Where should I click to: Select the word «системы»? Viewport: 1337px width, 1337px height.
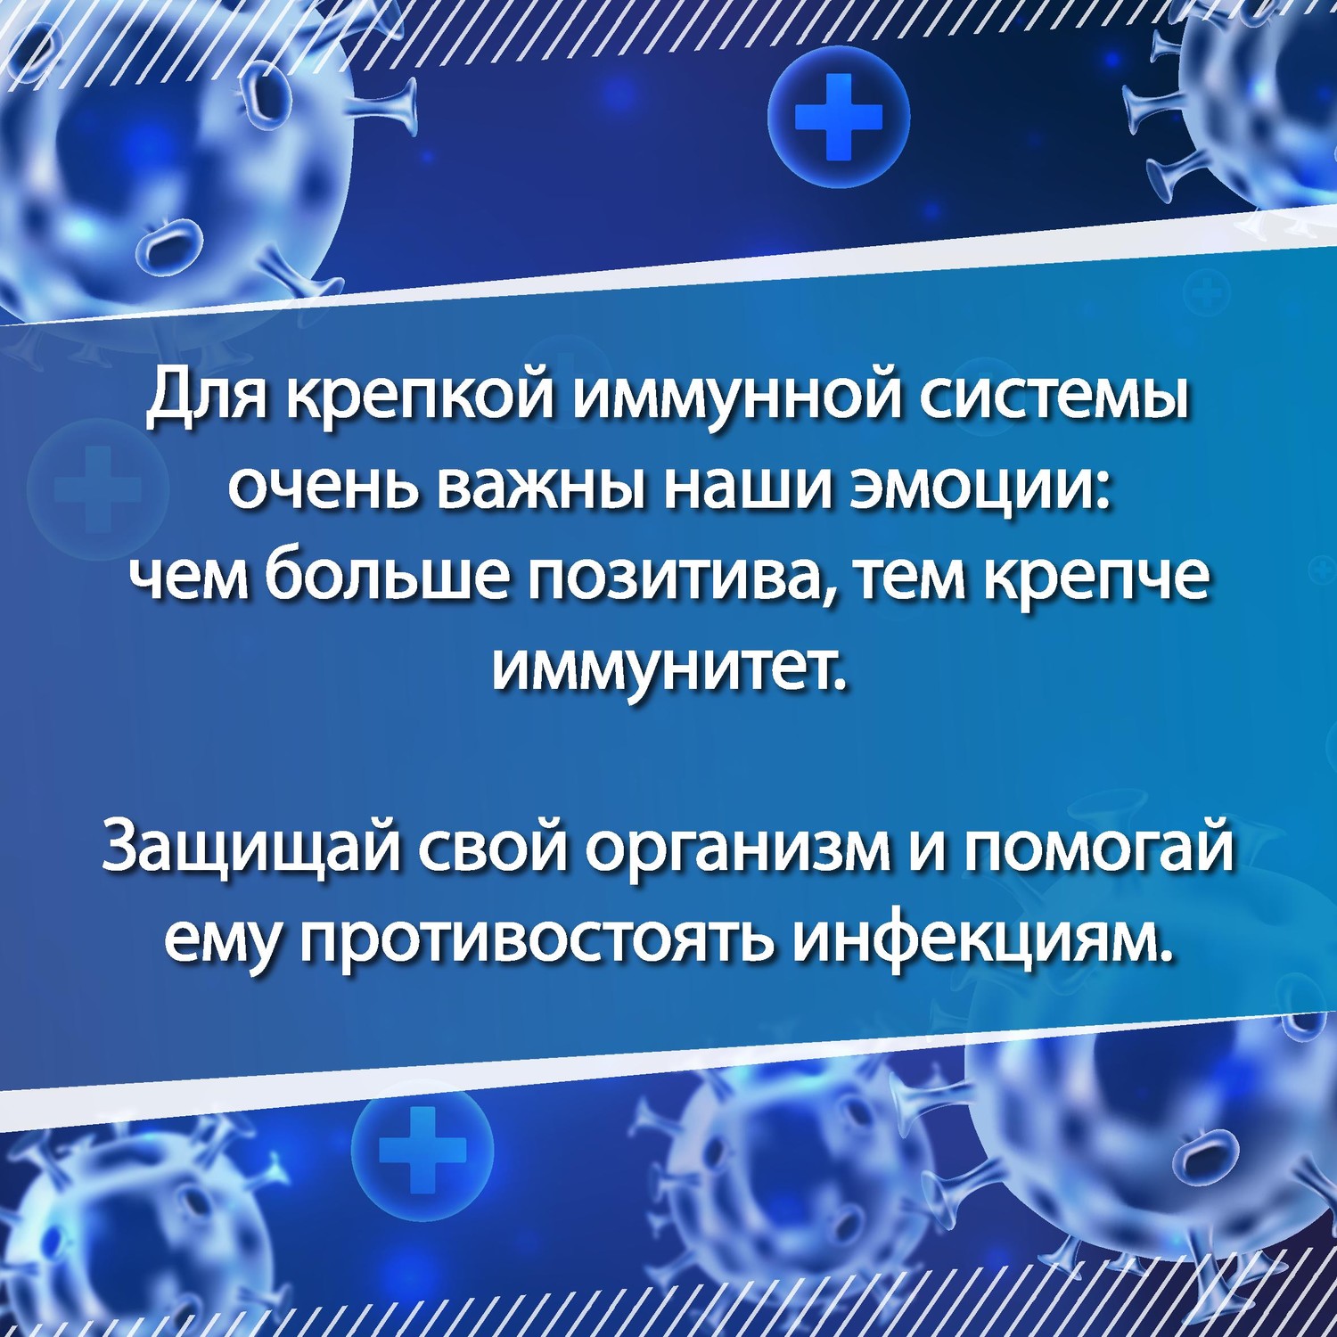click(x=1054, y=406)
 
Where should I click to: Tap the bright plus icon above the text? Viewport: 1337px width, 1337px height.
click(x=839, y=119)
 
